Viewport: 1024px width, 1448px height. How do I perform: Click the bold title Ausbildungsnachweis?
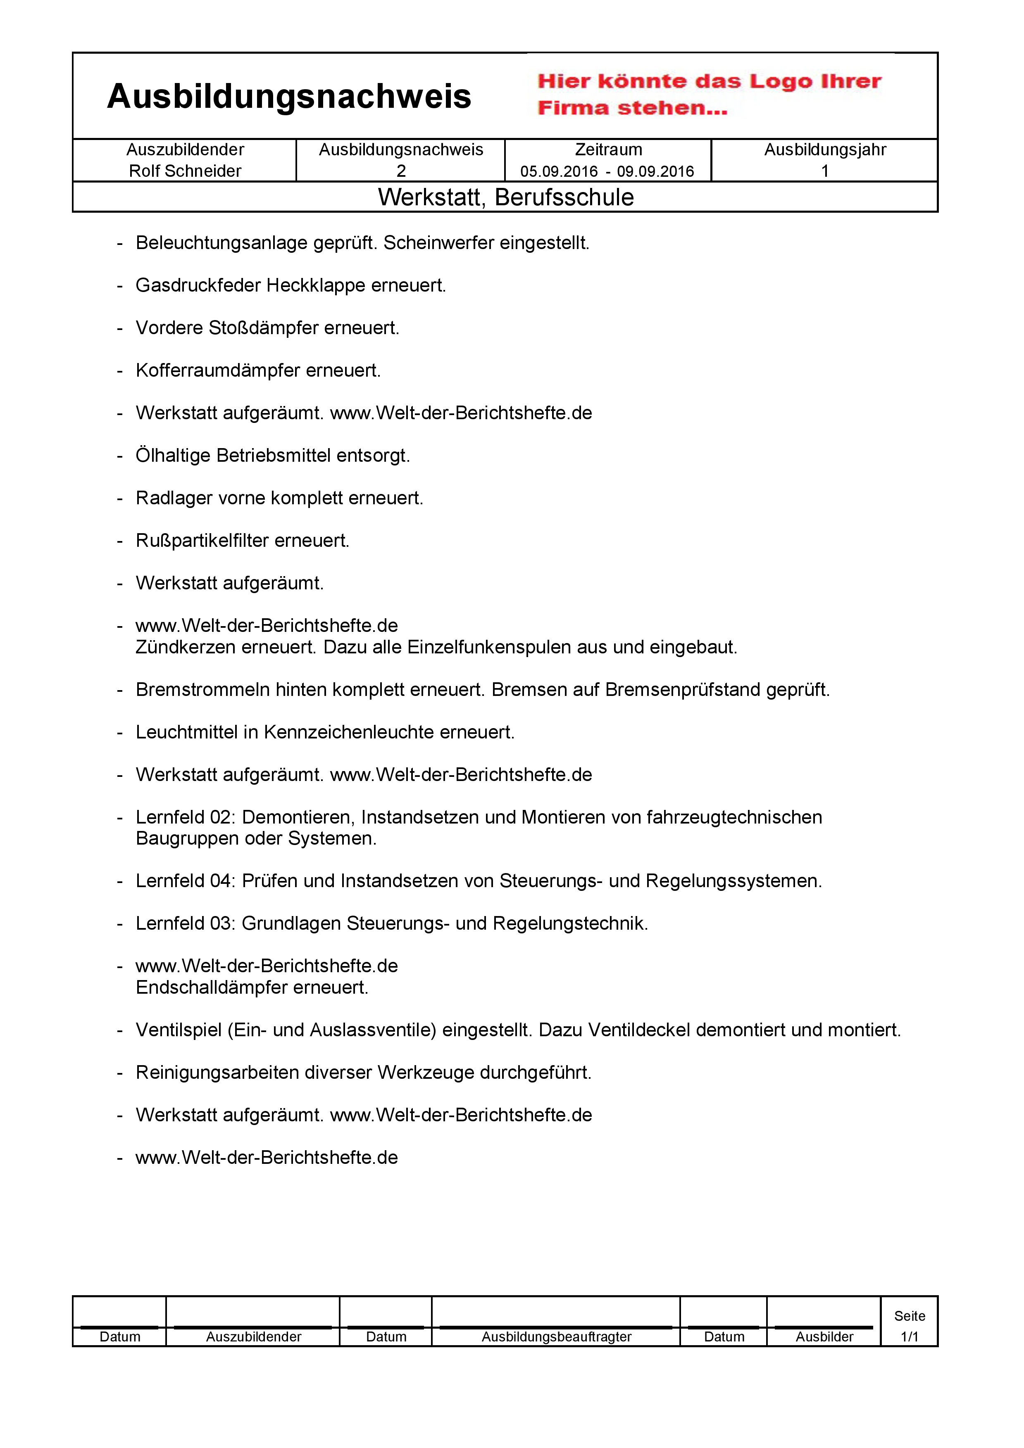point(289,97)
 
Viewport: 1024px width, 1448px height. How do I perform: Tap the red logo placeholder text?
point(709,95)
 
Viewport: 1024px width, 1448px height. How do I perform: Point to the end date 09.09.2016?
point(655,171)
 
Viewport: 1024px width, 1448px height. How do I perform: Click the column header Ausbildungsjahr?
point(825,150)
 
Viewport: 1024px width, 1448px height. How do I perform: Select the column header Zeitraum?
point(608,150)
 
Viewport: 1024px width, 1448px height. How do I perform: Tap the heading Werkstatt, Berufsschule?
point(505,197)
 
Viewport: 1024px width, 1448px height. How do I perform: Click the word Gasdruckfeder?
point(198,286)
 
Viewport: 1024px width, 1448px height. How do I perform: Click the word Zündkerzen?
point(179,647)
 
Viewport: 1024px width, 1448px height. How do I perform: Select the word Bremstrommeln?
point(202,690)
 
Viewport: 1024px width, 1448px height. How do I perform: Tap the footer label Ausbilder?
point(824,1337)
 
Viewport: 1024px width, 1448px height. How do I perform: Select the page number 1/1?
point(909,1336)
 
